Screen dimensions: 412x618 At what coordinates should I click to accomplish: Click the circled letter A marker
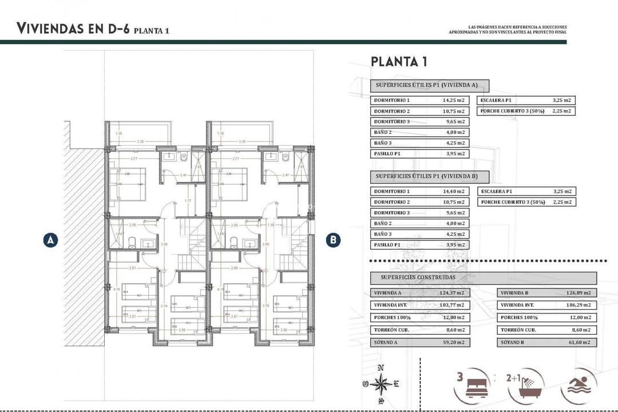coord(51,240)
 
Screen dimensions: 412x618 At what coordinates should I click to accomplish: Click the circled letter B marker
coord(333,240)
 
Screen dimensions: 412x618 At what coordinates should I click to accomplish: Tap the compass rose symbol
coord(381,385)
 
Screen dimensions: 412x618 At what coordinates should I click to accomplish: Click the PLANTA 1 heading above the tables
coord(399,62)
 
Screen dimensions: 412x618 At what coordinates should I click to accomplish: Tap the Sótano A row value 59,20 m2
coord(452,343)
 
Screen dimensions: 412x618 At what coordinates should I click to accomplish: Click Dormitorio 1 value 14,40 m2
coord(453,192)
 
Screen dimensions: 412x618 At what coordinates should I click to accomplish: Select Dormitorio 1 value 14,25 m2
coord(453,100)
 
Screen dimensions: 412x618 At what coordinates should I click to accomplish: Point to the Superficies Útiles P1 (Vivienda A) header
coord(430,86)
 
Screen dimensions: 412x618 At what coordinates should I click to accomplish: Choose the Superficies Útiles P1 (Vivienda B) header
coord(430,176)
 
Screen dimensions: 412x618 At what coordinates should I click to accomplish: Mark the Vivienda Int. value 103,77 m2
coord(452,306)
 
